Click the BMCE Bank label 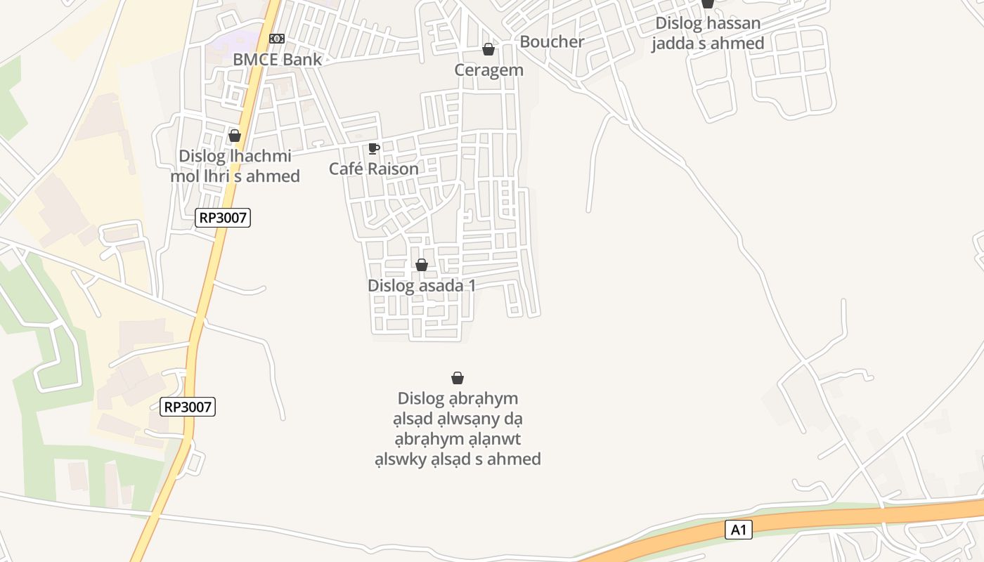click(x=277, y=60)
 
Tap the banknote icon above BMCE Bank click(x=277, y=39)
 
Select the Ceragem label click(x=488, y=70)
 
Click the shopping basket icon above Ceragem click(x=488, y=49)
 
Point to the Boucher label click(x=552, y=41)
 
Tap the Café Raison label click(x=373, y=169)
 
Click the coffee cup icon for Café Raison click(x=373, y=148)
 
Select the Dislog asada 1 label click(x=422, y=286)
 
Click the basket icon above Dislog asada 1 click(x=422, y=265)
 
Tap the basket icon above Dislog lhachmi click(x=235, y=136)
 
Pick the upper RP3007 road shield click(x=223, y=218)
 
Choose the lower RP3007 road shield click(x=188, y=407)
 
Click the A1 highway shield click(x=738, y=530)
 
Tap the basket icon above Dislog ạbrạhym click(x=458, y=378)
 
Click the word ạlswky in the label click(x=399, y=459)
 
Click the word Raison click(x=393, y=169)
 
